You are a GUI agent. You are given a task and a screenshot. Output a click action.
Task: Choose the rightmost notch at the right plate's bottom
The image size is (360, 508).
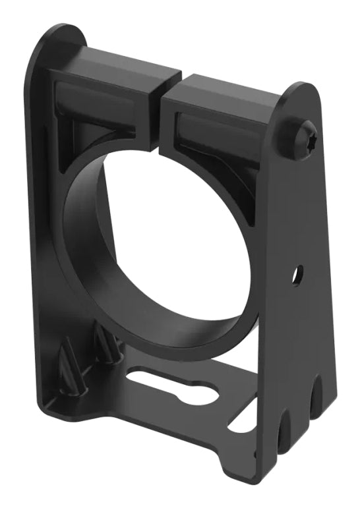[316, 395]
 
